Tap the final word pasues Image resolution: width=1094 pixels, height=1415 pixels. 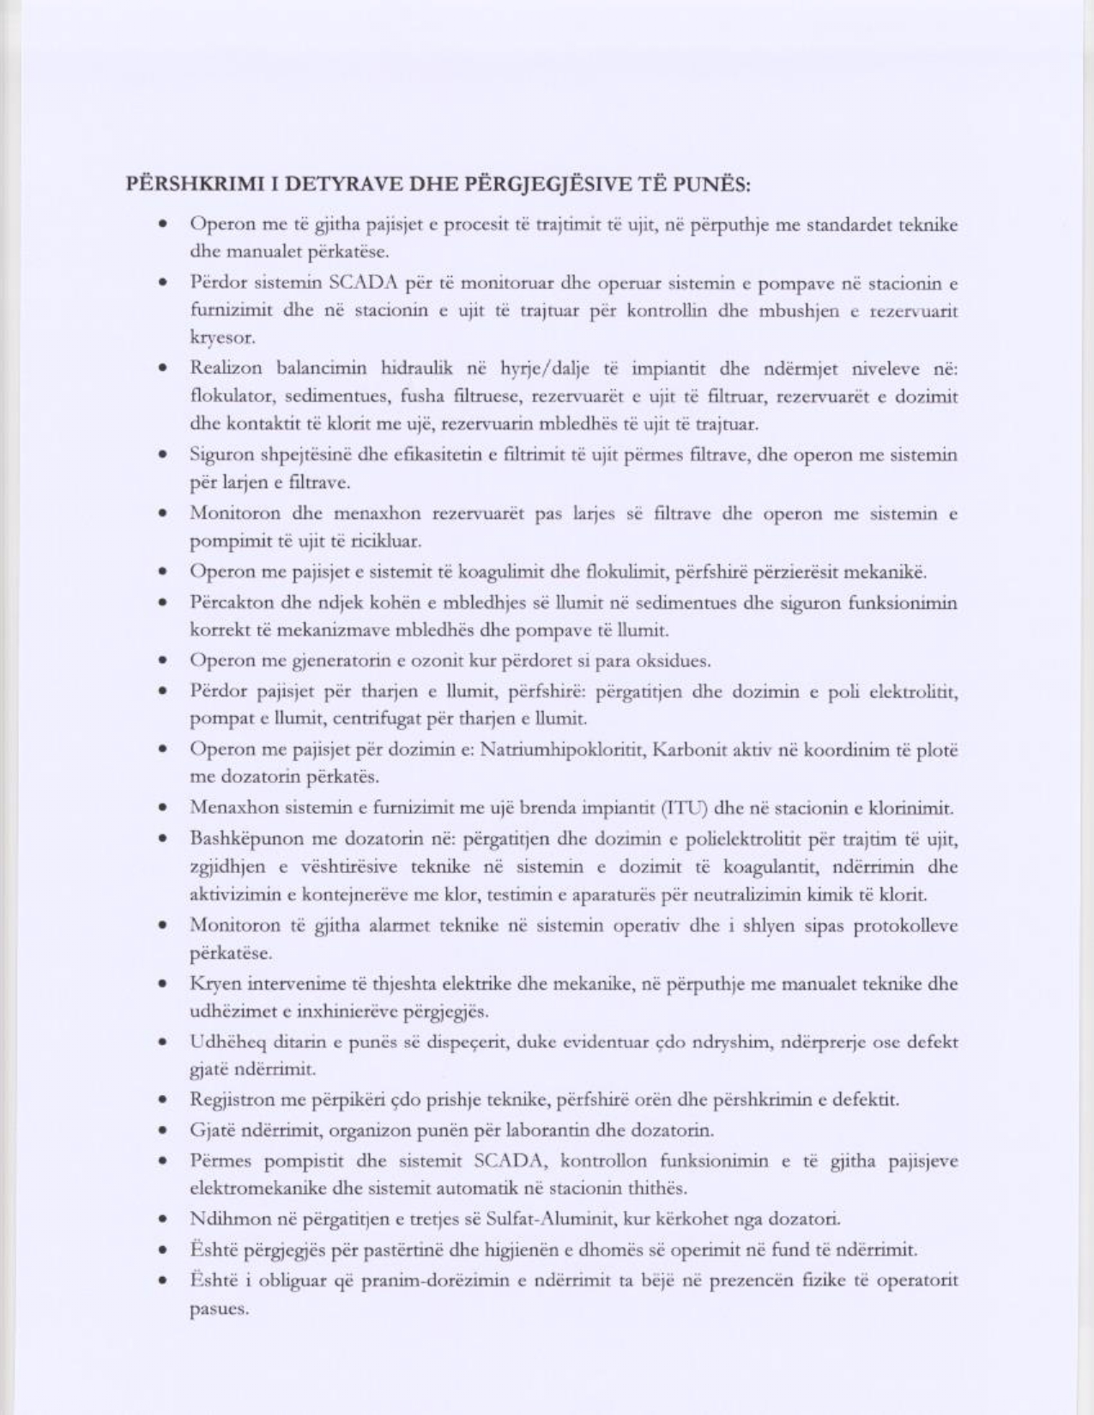click(x=219, y=1310)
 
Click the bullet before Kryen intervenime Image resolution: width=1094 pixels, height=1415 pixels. click(x=161, y=984)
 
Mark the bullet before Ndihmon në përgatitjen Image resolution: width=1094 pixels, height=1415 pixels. click(x=161, y=1219)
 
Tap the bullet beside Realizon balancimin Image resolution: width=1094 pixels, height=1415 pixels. click(x=161, y=369)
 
